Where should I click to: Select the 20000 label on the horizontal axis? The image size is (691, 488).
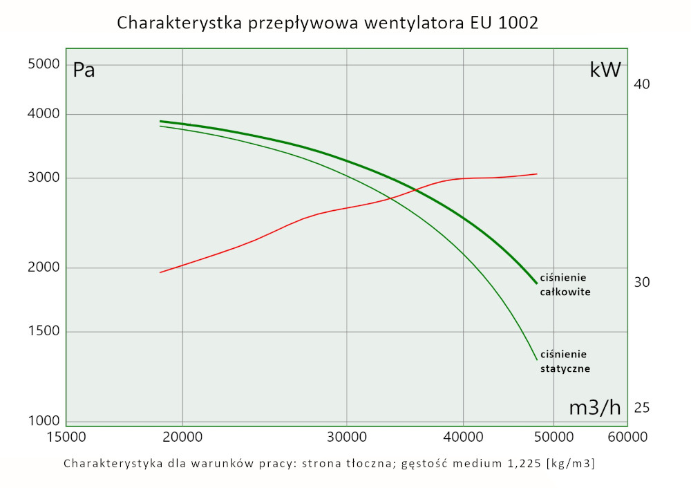coord(182,437)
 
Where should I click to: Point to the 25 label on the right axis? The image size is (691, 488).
coord(642,408)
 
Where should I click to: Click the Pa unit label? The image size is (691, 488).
coord(84,70)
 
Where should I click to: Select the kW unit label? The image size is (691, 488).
coord(605,69)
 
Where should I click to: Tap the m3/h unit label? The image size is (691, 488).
coord(595,408)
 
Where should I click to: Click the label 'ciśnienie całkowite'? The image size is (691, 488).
coord(565,285)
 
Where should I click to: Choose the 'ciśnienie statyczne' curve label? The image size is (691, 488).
coord(565,361)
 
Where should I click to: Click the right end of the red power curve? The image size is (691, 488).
coord(537,174)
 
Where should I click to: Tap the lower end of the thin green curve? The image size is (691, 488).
coord(537,359)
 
